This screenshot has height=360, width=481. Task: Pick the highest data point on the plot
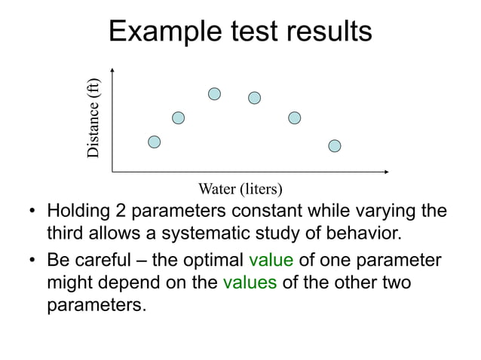pos(215,93)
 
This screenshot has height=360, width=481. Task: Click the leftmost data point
pos(155,142)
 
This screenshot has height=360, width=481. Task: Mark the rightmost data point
pos(335,145)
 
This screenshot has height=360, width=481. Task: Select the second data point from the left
pos(179,117)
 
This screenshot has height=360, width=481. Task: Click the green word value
pos(271,261)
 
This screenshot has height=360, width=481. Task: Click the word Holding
pos(78,210)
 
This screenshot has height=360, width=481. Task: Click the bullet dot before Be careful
pos(34,262)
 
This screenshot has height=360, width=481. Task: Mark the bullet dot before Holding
pos(34,210)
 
